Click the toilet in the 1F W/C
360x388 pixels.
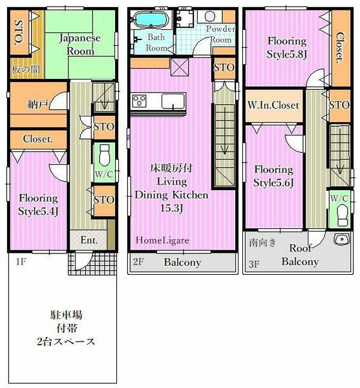click(104, 155)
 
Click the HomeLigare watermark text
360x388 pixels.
click(162, 240)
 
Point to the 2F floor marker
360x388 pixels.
click(138, 263)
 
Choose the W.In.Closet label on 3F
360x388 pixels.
click(273, 105)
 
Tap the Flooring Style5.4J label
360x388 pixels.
click(37, 204)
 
